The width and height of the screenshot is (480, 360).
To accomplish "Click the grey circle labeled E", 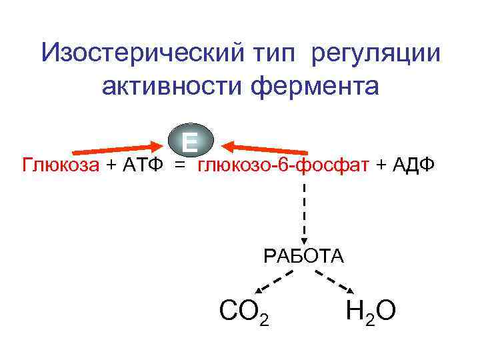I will click(191, 141).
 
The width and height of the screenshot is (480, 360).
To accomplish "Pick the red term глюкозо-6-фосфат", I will click(283, 165).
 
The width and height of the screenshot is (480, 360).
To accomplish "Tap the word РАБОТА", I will click(304, 256).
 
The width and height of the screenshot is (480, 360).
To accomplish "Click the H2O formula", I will click(371, 311).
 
